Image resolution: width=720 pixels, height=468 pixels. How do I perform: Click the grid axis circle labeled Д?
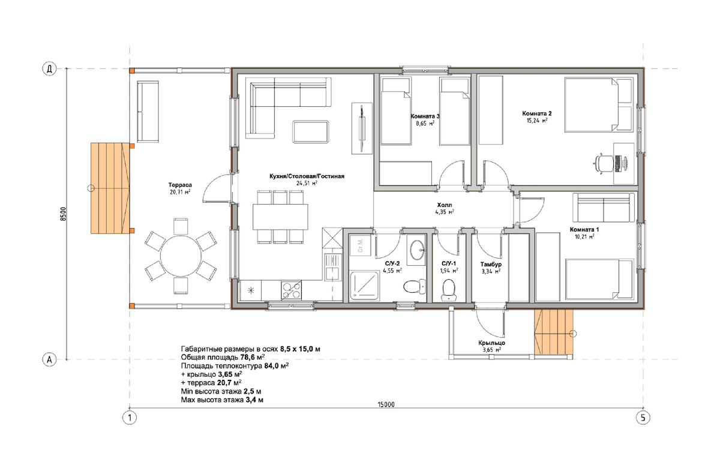[49, 69]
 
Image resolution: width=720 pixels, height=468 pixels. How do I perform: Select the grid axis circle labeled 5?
[643, 418]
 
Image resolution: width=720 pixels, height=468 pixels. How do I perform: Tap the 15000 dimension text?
[386, 404]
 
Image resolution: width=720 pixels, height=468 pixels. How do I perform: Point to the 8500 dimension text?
[64, 214]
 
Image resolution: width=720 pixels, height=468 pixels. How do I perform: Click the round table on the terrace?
[181, 256]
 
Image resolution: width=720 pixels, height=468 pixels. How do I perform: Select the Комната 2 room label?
[537, 113]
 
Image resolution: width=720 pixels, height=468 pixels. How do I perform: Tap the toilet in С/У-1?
[448, 290]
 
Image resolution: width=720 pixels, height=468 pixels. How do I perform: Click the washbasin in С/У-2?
[418, 250]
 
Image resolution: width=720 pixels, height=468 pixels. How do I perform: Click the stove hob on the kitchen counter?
[291, 290]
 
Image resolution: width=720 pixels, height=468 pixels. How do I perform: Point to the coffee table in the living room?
[311, 131]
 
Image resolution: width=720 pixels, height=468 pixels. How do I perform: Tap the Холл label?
[444, 205]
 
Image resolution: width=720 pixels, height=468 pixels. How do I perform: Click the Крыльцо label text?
[491, 343]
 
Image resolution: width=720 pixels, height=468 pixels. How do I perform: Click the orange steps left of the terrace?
[110, 188]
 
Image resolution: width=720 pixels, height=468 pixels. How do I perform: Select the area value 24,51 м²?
[307, 183]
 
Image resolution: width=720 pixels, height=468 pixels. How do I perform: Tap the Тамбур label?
[491, 264]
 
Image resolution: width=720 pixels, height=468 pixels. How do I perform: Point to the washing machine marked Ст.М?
[360, 245]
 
